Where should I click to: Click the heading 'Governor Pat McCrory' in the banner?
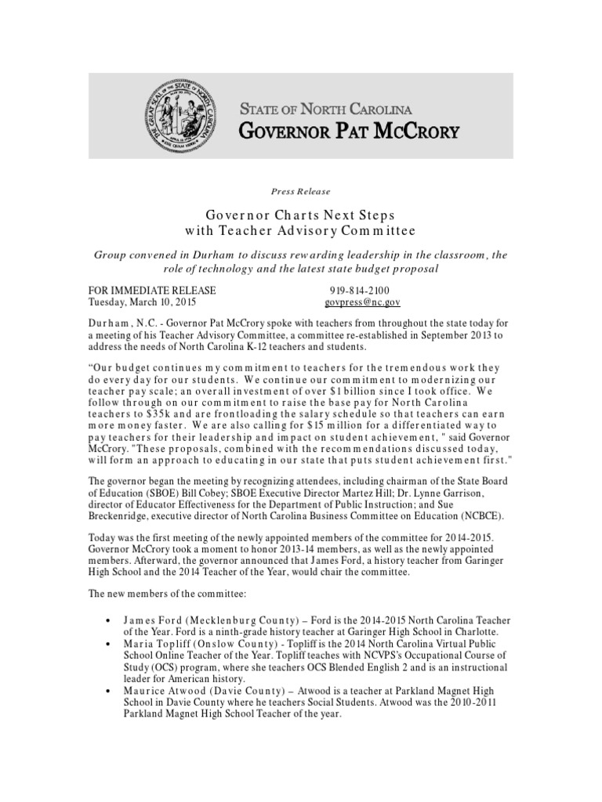point(349,130)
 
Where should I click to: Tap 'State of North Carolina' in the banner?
point(325,109)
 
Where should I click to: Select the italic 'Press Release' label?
point(300,191)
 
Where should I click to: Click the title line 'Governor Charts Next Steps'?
point(300,215)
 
